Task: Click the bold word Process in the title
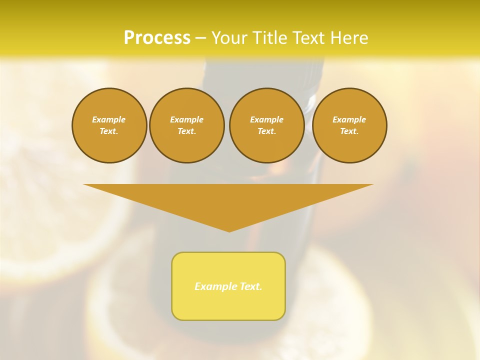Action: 157,38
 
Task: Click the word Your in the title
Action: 230,38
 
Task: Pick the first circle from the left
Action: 109,125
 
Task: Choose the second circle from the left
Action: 187,125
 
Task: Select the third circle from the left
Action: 267,125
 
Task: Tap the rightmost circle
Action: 349,125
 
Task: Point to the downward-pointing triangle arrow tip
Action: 229,230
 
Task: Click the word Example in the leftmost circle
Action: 109,119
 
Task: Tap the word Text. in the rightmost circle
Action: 349,131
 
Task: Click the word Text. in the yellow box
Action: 251,286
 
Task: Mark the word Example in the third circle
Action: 267,119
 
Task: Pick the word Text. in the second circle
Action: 187,131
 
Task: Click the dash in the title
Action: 200,38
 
